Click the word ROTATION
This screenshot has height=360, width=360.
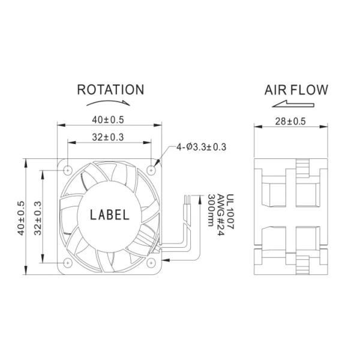coord(110,90)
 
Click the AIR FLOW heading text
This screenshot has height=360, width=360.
coord(296,90)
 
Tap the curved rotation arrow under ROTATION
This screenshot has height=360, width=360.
coord(110,103)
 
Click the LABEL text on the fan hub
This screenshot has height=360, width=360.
coord(109,215)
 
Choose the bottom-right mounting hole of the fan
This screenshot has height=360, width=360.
coord(152,262)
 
